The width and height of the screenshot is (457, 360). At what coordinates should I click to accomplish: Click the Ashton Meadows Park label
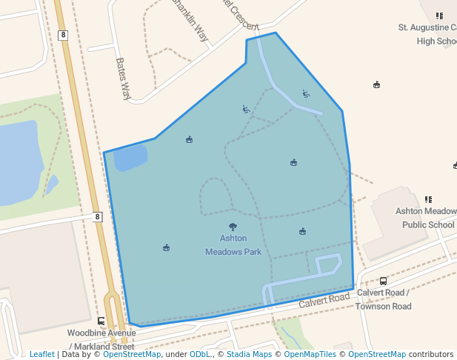pos(233,245)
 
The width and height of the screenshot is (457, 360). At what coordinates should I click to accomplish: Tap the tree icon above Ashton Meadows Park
pos(233,227)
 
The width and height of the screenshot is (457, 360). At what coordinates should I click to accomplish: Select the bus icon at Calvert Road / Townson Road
pos(383,281)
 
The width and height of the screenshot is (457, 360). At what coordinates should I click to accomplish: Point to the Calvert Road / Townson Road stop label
pos(383,299)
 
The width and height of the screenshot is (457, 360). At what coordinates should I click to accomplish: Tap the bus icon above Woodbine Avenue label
pos(101,321)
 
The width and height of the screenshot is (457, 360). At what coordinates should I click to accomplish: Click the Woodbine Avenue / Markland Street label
pos(101,340)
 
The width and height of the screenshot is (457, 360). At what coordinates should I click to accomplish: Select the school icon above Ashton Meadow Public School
pos(428,199)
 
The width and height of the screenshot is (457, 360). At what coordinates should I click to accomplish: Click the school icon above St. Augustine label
pos(439,15)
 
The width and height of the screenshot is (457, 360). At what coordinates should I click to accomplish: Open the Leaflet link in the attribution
pos(41,354)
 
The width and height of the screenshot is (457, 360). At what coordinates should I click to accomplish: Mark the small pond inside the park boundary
pos(130,158)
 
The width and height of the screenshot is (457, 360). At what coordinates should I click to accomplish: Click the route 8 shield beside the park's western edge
pos(97,216)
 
